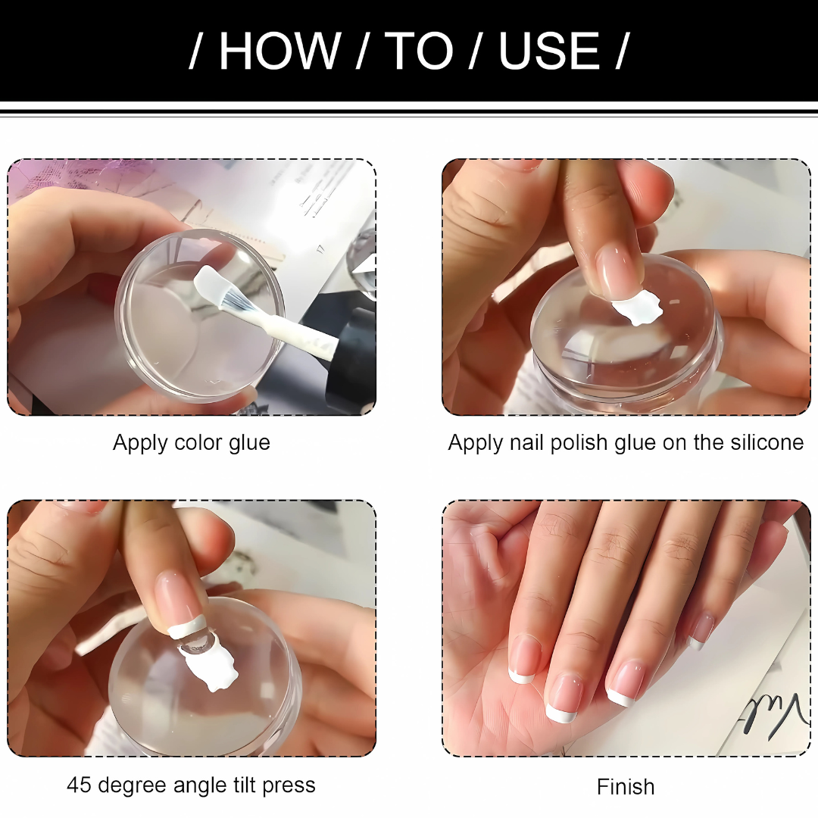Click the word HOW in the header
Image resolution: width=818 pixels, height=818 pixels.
[x=279, y=52]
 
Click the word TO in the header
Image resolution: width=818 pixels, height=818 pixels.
[x=420, y=52]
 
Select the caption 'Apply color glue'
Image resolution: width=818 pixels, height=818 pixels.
[x=191, y=442]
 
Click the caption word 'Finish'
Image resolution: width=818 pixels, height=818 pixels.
[x=625, y=787]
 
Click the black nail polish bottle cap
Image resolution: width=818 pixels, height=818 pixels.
[x=352, y=364]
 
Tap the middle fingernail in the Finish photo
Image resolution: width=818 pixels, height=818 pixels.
[x=565, y=697]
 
